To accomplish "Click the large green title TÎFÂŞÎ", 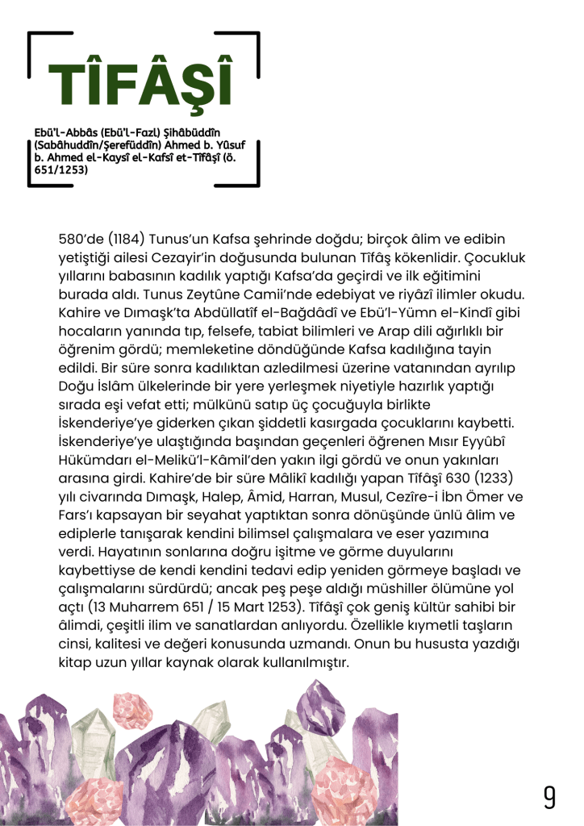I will (x=140, y=87).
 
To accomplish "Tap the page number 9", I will (x=549, y=796).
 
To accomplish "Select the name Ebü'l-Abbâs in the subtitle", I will (x=65, y=132).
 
